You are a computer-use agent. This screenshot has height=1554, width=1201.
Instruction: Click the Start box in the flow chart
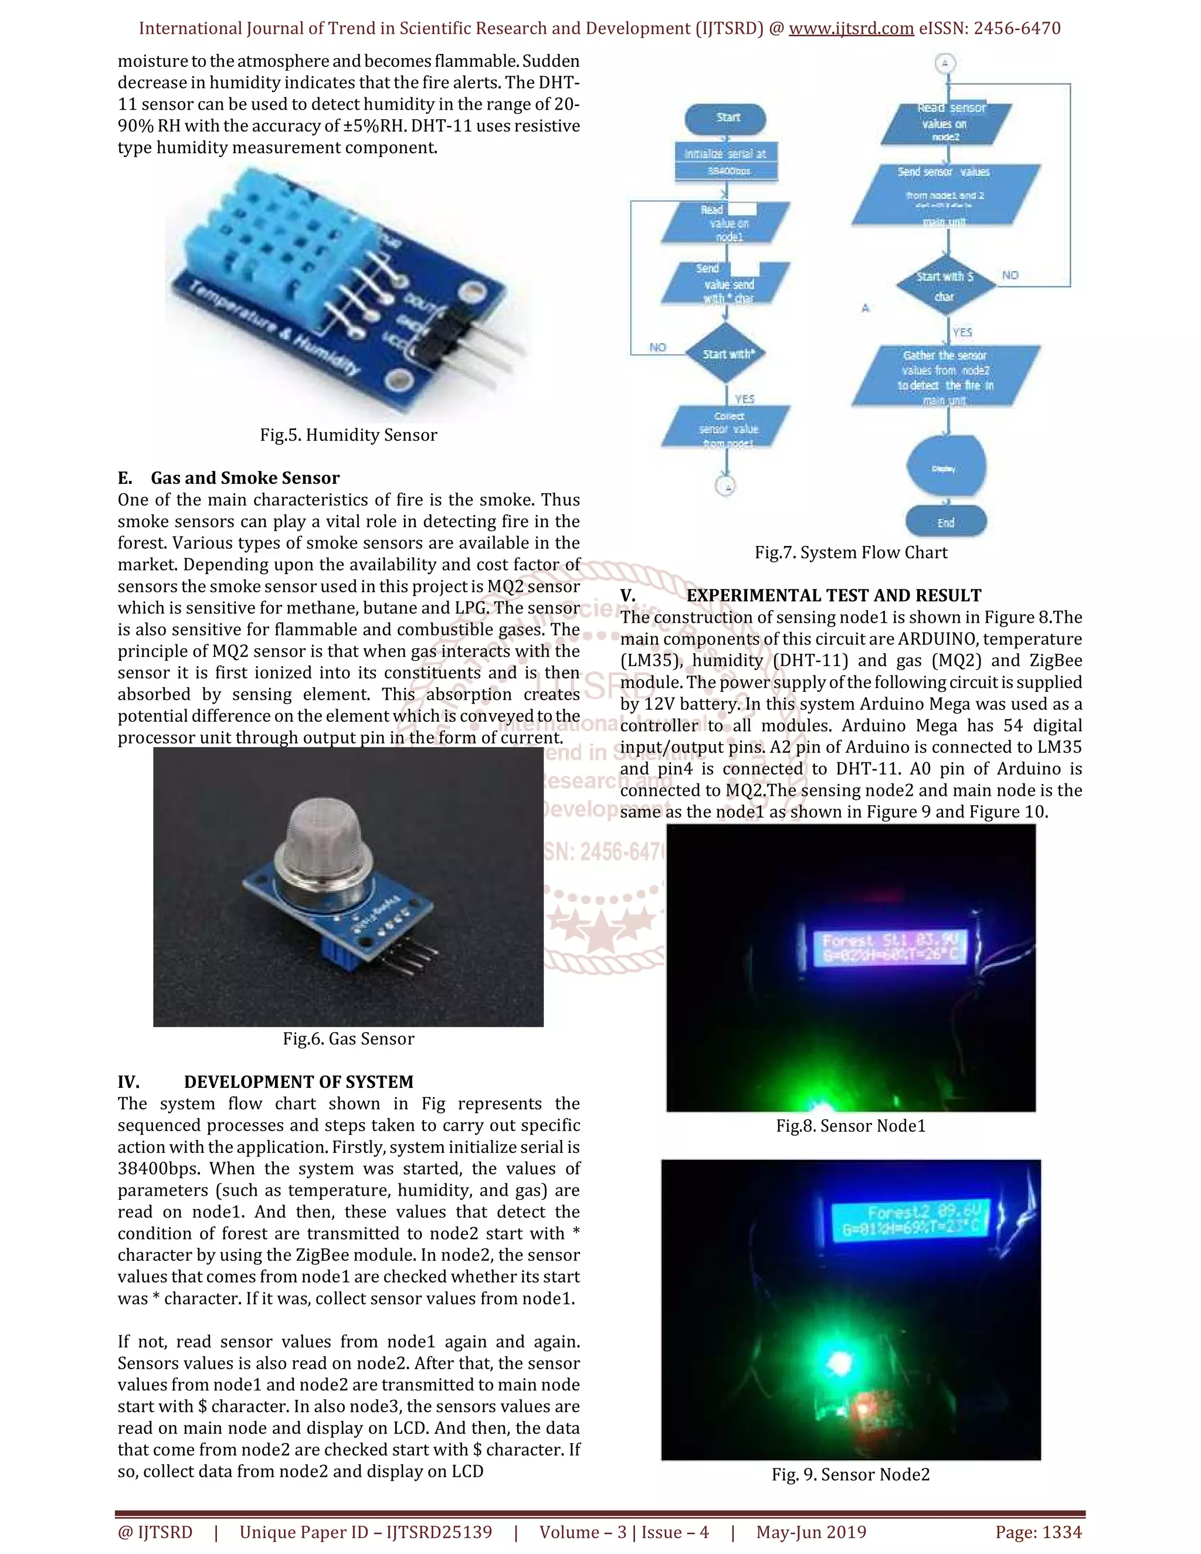(726, 118)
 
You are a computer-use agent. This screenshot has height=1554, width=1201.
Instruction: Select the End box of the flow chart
(945, 521)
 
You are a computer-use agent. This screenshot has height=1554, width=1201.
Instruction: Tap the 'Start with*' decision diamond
(727, 354)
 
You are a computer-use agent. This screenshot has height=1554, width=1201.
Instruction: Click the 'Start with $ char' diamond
(945, 286)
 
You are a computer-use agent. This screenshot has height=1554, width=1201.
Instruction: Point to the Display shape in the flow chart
(945, 467)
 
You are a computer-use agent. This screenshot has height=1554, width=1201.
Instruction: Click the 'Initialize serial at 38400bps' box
(726, 161)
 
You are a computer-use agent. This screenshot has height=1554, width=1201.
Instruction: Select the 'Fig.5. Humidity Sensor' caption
(348, 435)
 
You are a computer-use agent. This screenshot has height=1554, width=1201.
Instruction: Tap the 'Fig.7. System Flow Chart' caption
(851, 552)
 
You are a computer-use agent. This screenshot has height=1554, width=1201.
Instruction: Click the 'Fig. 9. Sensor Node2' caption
(850, 1474)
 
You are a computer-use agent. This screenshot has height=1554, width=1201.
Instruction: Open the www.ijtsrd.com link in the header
(851, 29)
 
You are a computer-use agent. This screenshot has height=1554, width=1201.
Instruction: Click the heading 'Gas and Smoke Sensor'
(245, 477)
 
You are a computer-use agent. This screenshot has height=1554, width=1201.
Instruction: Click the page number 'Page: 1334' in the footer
(1038, 1531)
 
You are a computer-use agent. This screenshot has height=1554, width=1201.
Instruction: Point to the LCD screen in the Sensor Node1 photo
(890, 948)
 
